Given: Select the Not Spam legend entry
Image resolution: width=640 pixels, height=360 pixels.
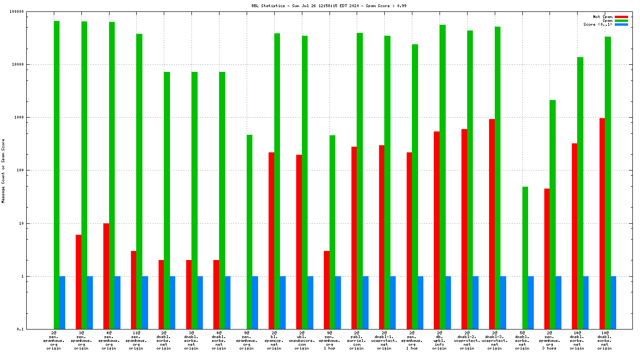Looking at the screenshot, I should click(x=602, y=17).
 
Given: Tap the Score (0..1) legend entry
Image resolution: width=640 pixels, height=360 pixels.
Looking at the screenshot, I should click(x=598, y=24).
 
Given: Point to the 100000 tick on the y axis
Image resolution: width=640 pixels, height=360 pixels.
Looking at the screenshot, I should click(x=17, y=11).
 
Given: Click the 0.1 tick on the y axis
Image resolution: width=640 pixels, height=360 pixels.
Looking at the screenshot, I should click(x=20, y=329).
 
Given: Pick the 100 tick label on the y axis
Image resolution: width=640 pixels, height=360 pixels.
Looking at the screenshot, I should click(x=20, y=170).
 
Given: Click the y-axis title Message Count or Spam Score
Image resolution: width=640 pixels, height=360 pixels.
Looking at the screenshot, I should click(x=3, y=171).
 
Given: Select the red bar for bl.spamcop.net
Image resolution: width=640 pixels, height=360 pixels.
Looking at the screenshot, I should click(x=271, y=240).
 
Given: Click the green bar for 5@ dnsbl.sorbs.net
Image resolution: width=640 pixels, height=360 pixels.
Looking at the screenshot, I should click(x=525, y=258).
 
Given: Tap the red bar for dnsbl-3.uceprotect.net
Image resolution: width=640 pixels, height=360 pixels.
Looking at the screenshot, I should click(x=492, y=224).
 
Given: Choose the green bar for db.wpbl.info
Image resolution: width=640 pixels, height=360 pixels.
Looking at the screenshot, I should click(x=442, y=177).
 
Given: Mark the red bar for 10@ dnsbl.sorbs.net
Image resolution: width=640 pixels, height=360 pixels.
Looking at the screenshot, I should click(x=602, y=223).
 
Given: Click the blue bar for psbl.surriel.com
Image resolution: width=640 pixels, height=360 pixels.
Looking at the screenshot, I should click(x=365, y=302).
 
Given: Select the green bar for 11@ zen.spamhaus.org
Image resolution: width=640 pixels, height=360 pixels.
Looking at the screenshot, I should click(x=140, y=181).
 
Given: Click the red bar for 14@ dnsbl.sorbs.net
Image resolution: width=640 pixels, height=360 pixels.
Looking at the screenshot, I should click(x=575, y=236).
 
